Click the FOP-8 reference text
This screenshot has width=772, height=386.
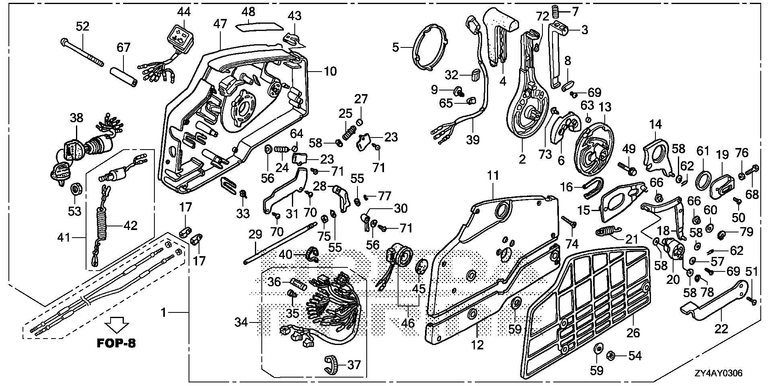point(116,343)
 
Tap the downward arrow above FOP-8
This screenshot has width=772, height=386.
point(117,324)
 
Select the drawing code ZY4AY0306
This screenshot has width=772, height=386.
point(718,373)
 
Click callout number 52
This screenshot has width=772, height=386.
point(83,27)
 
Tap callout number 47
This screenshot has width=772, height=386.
point(220,24)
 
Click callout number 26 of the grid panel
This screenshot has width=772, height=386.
point(633,333)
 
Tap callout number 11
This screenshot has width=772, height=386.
point(493,176)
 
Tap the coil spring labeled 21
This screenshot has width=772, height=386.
point(607,233)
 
